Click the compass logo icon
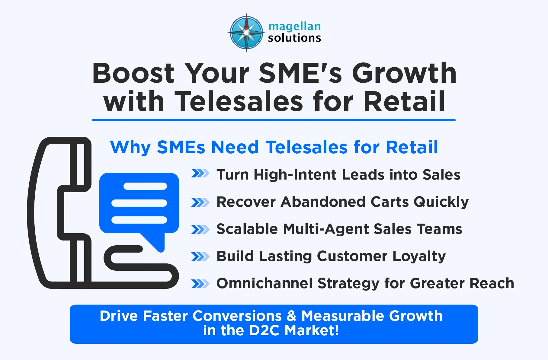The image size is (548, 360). point(246,33)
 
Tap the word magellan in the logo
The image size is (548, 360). point(294,27)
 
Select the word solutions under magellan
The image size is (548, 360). point(294,38)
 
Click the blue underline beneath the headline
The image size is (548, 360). point(274,120)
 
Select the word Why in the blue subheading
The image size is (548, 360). point(130,148)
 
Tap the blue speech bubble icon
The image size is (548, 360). point(139,205)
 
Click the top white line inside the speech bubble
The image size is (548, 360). point(145,186)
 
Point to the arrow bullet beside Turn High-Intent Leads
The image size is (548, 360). point(200,174)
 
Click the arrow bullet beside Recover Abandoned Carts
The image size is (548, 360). point(200,202)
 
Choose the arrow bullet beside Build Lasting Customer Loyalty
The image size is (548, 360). point(200,256)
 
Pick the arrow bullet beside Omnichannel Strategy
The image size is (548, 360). point(200,284)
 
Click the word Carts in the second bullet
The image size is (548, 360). point(389,202)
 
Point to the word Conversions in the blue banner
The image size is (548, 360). point(237,316)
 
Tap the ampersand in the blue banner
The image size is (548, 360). point(291,316)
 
